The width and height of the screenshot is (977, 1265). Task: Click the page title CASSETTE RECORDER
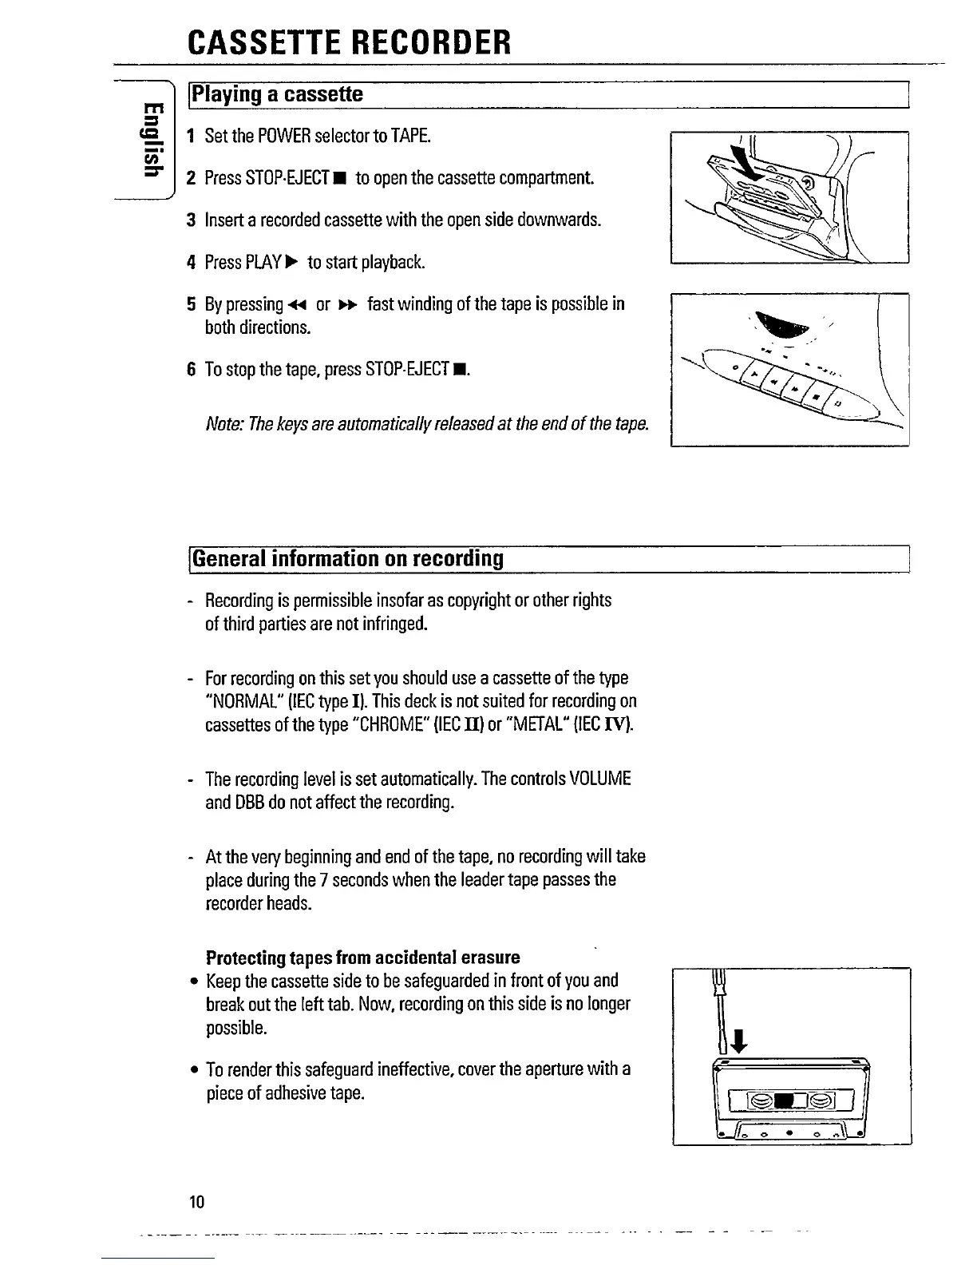349,41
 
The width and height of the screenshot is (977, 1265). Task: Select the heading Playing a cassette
276,95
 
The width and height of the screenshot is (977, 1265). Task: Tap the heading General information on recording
348,558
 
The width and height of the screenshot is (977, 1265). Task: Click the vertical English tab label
150,137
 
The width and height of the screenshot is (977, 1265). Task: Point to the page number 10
197,1201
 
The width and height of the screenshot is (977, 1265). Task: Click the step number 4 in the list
191,262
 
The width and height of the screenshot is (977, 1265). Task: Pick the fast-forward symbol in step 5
346,305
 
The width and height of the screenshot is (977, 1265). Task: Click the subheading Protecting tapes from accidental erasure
362,957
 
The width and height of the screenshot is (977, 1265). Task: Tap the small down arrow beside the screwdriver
738,1041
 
